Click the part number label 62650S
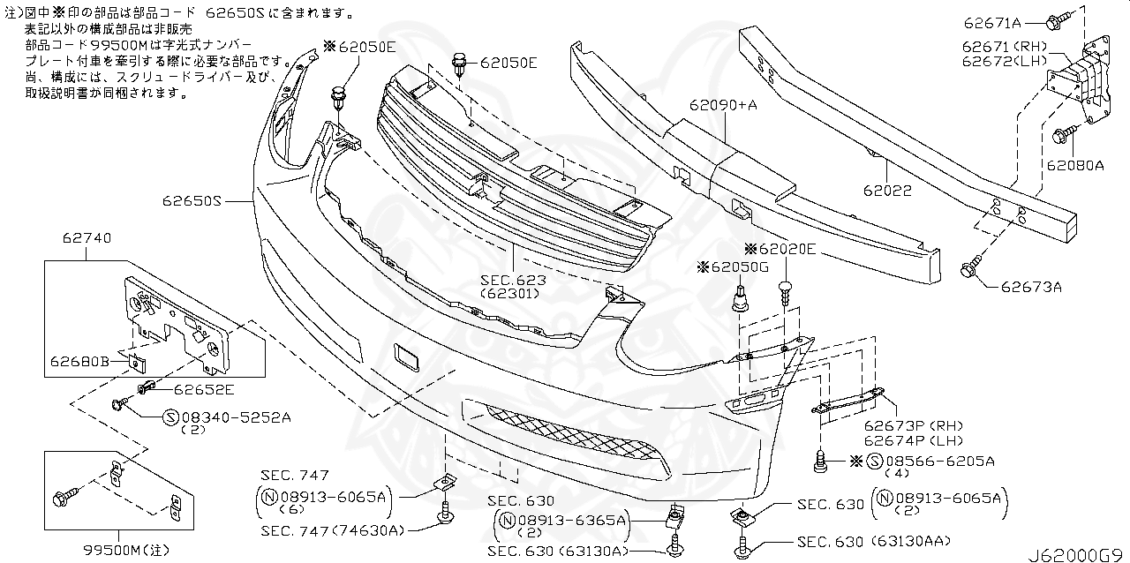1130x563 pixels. (x=190, y=201)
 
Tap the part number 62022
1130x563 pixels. (x=888, y=190)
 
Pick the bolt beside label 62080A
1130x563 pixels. (x=1062, y=135)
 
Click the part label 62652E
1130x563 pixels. (x=203, y=388)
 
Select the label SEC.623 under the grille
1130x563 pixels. (x=513, y=280)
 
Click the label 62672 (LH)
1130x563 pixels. (x=1002, y=61)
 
